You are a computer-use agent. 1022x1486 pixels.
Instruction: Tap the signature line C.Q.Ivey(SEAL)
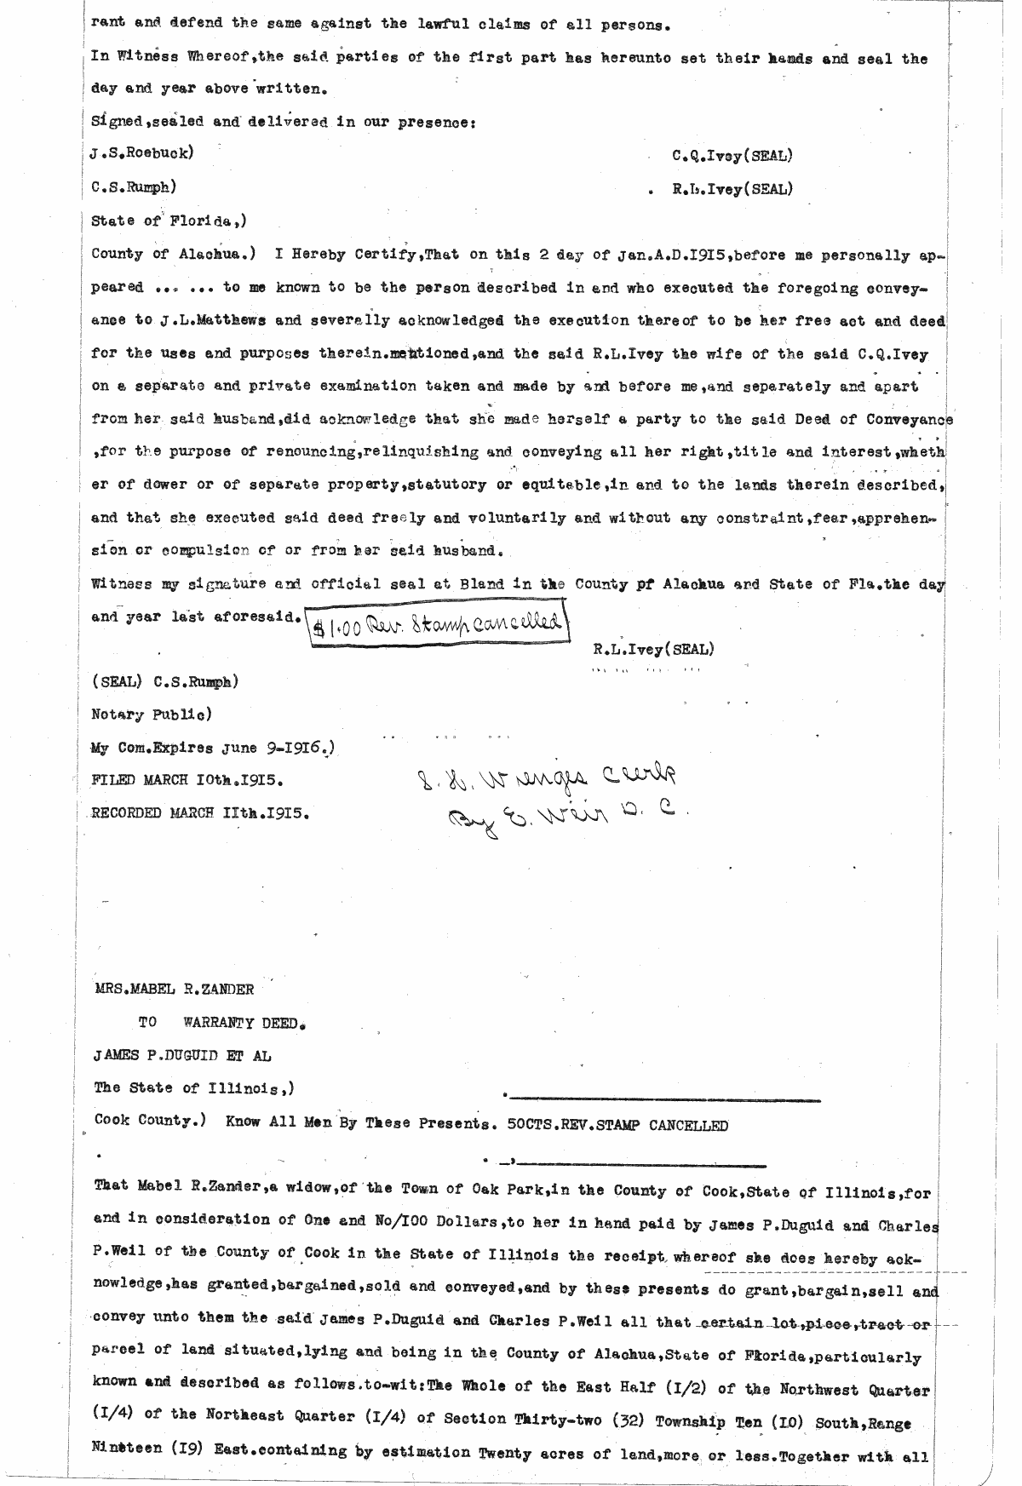click(x=732, y=156)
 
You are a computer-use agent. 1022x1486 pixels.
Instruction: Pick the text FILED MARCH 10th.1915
click(x=187, y=780)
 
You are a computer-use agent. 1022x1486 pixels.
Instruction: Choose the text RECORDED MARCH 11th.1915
click(x=199, y=812)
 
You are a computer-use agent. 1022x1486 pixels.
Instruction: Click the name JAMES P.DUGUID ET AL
click(x=182, y=1056)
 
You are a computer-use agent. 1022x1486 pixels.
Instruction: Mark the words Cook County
click(x=146, y=1121)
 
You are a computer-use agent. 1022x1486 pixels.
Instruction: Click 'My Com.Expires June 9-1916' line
click(x=210, y=748)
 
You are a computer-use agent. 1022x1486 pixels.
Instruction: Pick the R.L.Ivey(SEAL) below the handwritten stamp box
click(x=653, y=650)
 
